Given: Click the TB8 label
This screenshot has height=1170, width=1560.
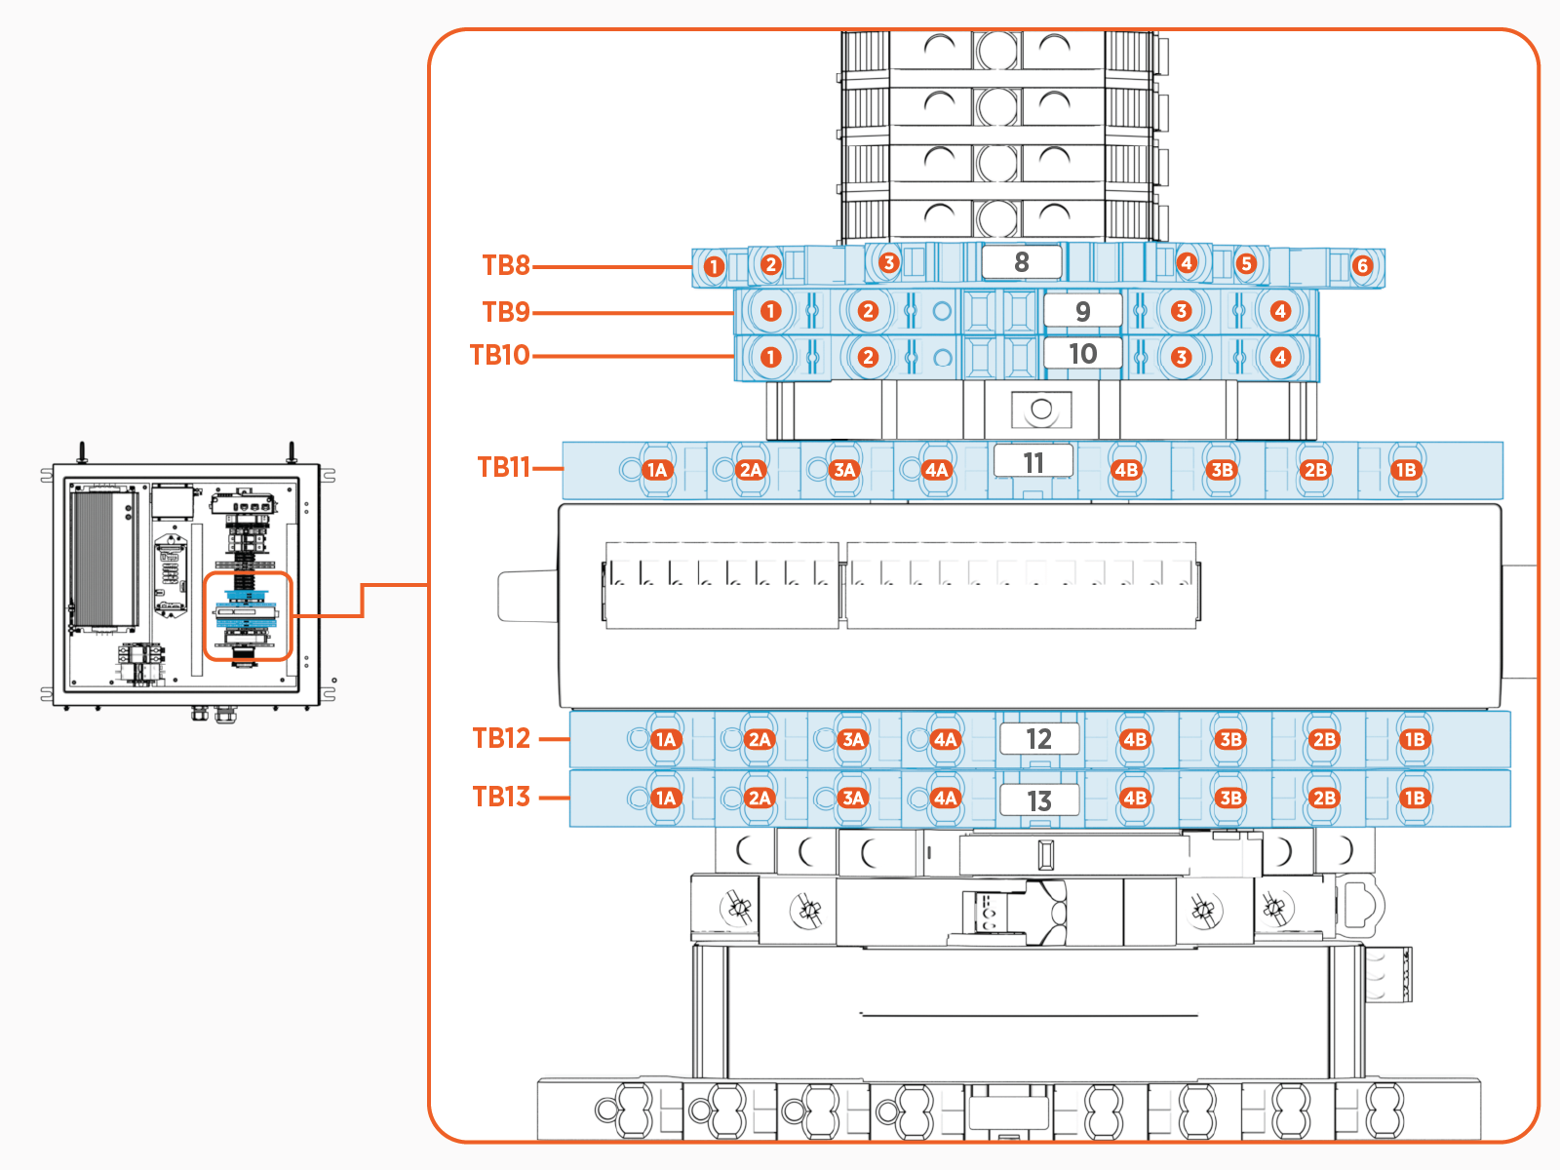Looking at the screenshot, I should [x=506, y=265].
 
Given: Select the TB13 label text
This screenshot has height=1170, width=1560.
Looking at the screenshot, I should [x=501, y=797].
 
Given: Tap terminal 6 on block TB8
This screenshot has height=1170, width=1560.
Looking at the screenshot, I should [x=1363, y=265].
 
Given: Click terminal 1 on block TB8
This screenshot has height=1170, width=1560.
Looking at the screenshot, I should [x=714, y=266].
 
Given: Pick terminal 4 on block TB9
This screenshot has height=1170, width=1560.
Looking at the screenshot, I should [x=1280, y=311].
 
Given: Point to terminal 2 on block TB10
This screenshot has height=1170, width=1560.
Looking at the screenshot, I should [x=868, y=357].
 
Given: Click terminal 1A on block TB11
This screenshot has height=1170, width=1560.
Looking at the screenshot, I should [x=657, y=470].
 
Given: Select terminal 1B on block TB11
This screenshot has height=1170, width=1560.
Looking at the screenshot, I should [x=1406, y=470].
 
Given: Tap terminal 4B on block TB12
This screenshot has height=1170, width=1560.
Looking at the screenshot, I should [x=1135, y=739].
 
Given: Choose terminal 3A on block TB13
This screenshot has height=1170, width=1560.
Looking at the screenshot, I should [x=853, y=798].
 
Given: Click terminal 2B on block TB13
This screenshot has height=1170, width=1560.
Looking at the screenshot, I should [x=1323, y=798].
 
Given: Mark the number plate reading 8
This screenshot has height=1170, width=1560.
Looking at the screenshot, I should [x=1021, y=262].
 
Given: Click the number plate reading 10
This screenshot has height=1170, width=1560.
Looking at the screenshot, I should [x=1082, y=354].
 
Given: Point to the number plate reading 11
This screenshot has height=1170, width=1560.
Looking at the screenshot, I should [x=1033, y=462].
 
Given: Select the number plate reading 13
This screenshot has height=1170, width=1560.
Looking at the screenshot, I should [x=1039, y=800].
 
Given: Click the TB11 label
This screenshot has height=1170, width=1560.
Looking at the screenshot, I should [x=503, y=467].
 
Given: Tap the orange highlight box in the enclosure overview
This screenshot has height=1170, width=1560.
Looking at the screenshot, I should [x=248, y=616].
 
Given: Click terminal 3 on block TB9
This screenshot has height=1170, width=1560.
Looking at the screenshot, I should [x=1181, y=311].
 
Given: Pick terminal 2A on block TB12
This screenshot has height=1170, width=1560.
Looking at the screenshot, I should [x=760, y=739].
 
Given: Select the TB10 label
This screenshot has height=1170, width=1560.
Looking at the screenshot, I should [x=499, y=355].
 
